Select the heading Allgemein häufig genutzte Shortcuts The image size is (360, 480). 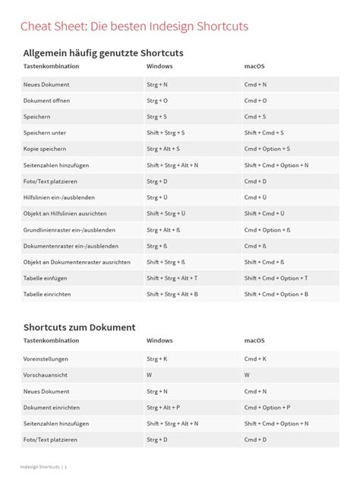tap(103, 53)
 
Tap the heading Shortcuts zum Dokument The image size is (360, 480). tap(79, 327)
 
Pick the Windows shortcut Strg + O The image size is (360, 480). tap(157, 100)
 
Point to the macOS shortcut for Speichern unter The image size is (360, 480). tap(264, 132)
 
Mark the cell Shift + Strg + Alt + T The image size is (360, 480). tap(172, 278)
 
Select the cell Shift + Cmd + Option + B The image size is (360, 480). tap(276, 293)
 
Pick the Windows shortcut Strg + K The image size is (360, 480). tap(157, 359)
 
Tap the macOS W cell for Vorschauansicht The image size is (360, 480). tap(248, 375)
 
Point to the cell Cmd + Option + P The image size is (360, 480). tap(267, 407)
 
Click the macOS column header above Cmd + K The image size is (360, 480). tap(254, 342)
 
